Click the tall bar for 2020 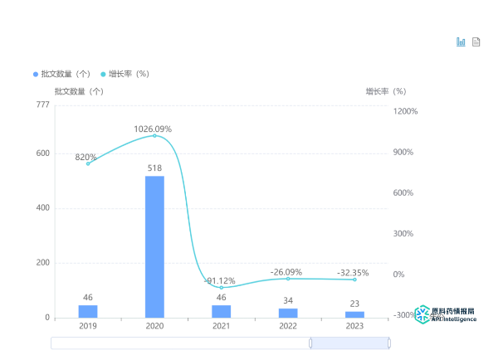pos(154,246)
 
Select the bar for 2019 pos(88,311)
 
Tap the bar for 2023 pos(354,314)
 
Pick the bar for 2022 pos(288,313)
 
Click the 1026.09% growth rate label pos(153,129)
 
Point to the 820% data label pos(86,157)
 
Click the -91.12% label pos(220,280)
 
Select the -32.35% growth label pos(353,272)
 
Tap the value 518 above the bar pos(154,168)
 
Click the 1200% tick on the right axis pos(405,111)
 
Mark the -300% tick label pos(404,315)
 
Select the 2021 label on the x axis pos(221,327)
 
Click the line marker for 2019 pos(88,163)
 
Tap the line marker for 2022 pos(288,279)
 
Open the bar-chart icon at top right pos(461,42)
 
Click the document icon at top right pos(476,42)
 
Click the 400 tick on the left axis pos(42,208)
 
